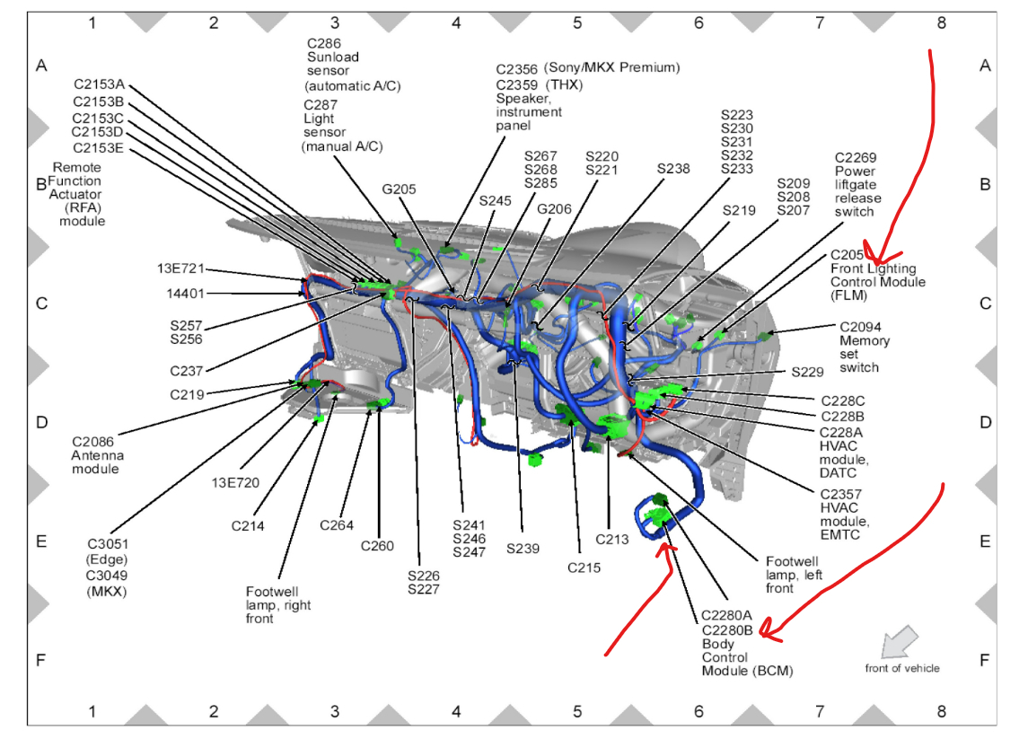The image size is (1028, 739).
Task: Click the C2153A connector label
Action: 99,84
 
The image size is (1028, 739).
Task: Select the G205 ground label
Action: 399,189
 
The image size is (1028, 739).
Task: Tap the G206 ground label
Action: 554,208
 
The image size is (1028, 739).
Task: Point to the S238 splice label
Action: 673,168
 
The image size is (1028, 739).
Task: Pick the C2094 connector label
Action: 864,327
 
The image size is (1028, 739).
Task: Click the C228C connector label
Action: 842,400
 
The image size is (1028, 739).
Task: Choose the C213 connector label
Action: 612,540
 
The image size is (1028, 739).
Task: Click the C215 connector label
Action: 584,567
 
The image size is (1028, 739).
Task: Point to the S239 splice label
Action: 523,548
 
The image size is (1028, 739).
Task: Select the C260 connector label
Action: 378,545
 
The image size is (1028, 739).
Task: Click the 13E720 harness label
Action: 235,482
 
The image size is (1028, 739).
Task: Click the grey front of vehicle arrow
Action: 900,641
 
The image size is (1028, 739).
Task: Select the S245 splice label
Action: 495,200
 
